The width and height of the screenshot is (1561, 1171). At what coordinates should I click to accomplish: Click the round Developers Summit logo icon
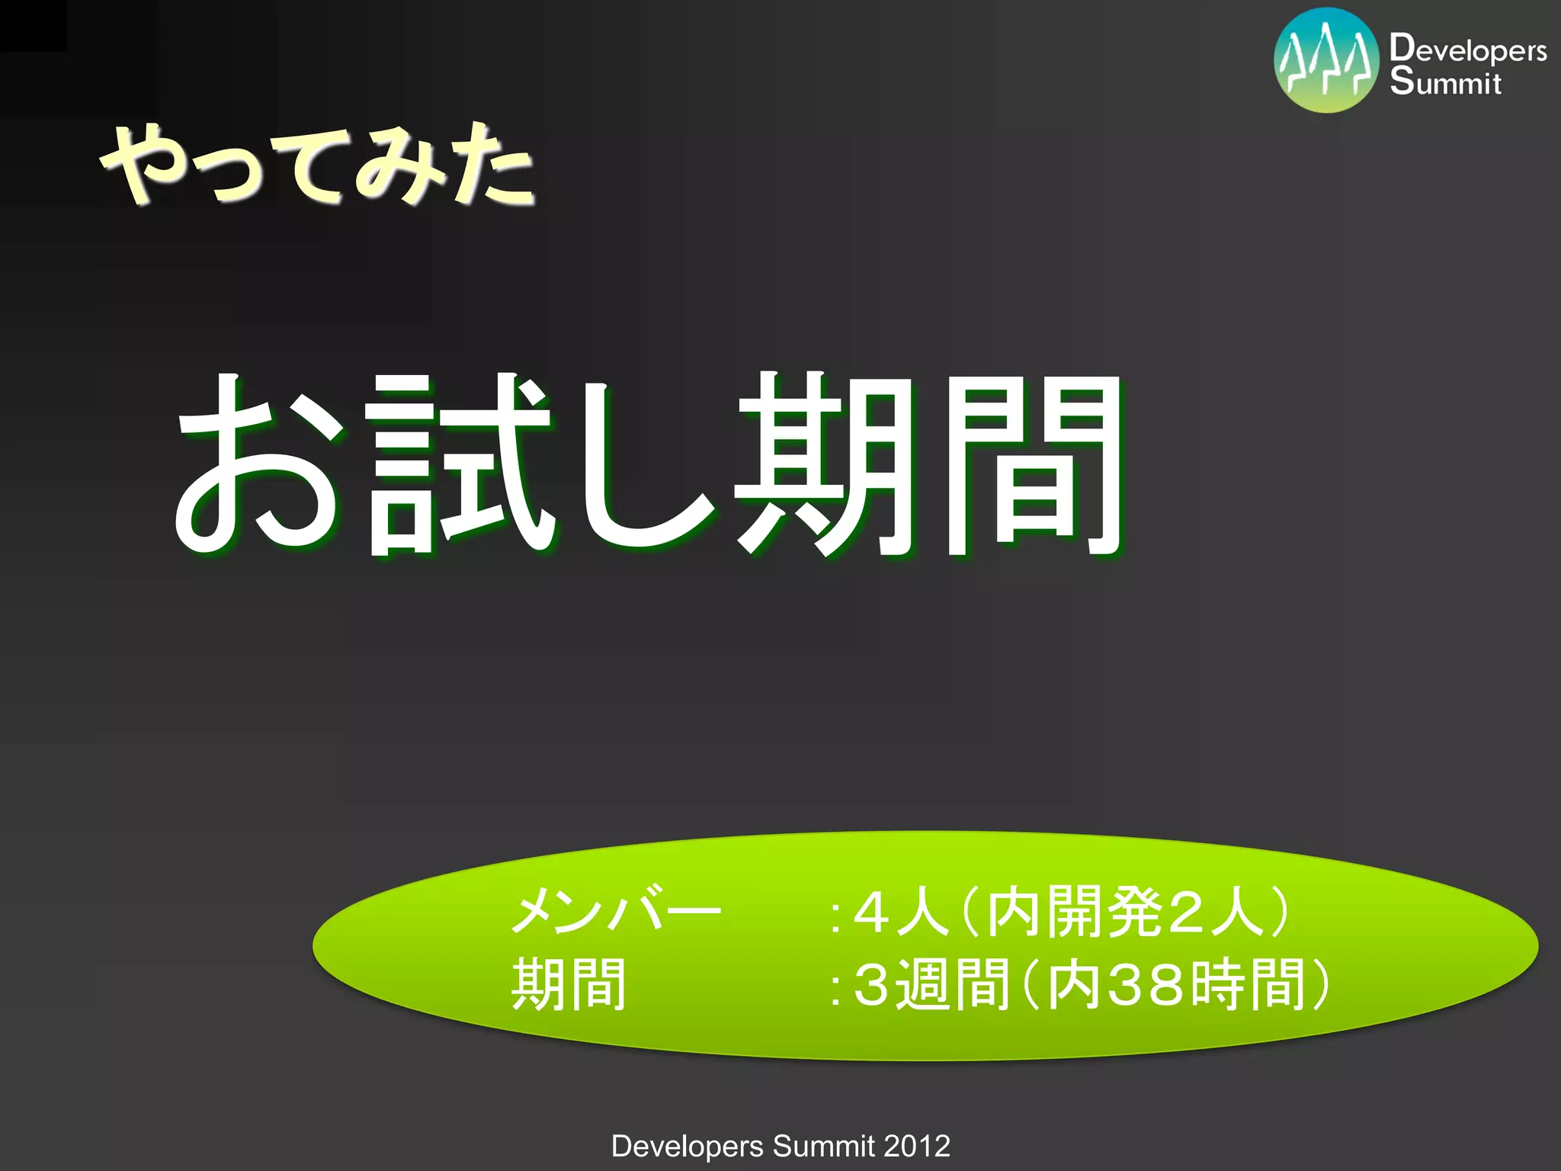(x=1326, y=61)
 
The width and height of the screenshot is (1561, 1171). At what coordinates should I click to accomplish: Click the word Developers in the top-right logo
(x=1468, y=50)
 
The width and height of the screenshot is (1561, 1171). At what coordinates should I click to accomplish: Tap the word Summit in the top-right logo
(x=1445, y=82)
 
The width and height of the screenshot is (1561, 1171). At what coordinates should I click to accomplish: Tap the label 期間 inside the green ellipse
(x=569, y=984)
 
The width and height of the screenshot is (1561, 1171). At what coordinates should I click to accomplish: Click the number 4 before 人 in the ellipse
(x=870, y=912)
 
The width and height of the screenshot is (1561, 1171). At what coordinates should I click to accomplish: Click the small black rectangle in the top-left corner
(x=33, y=25)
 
